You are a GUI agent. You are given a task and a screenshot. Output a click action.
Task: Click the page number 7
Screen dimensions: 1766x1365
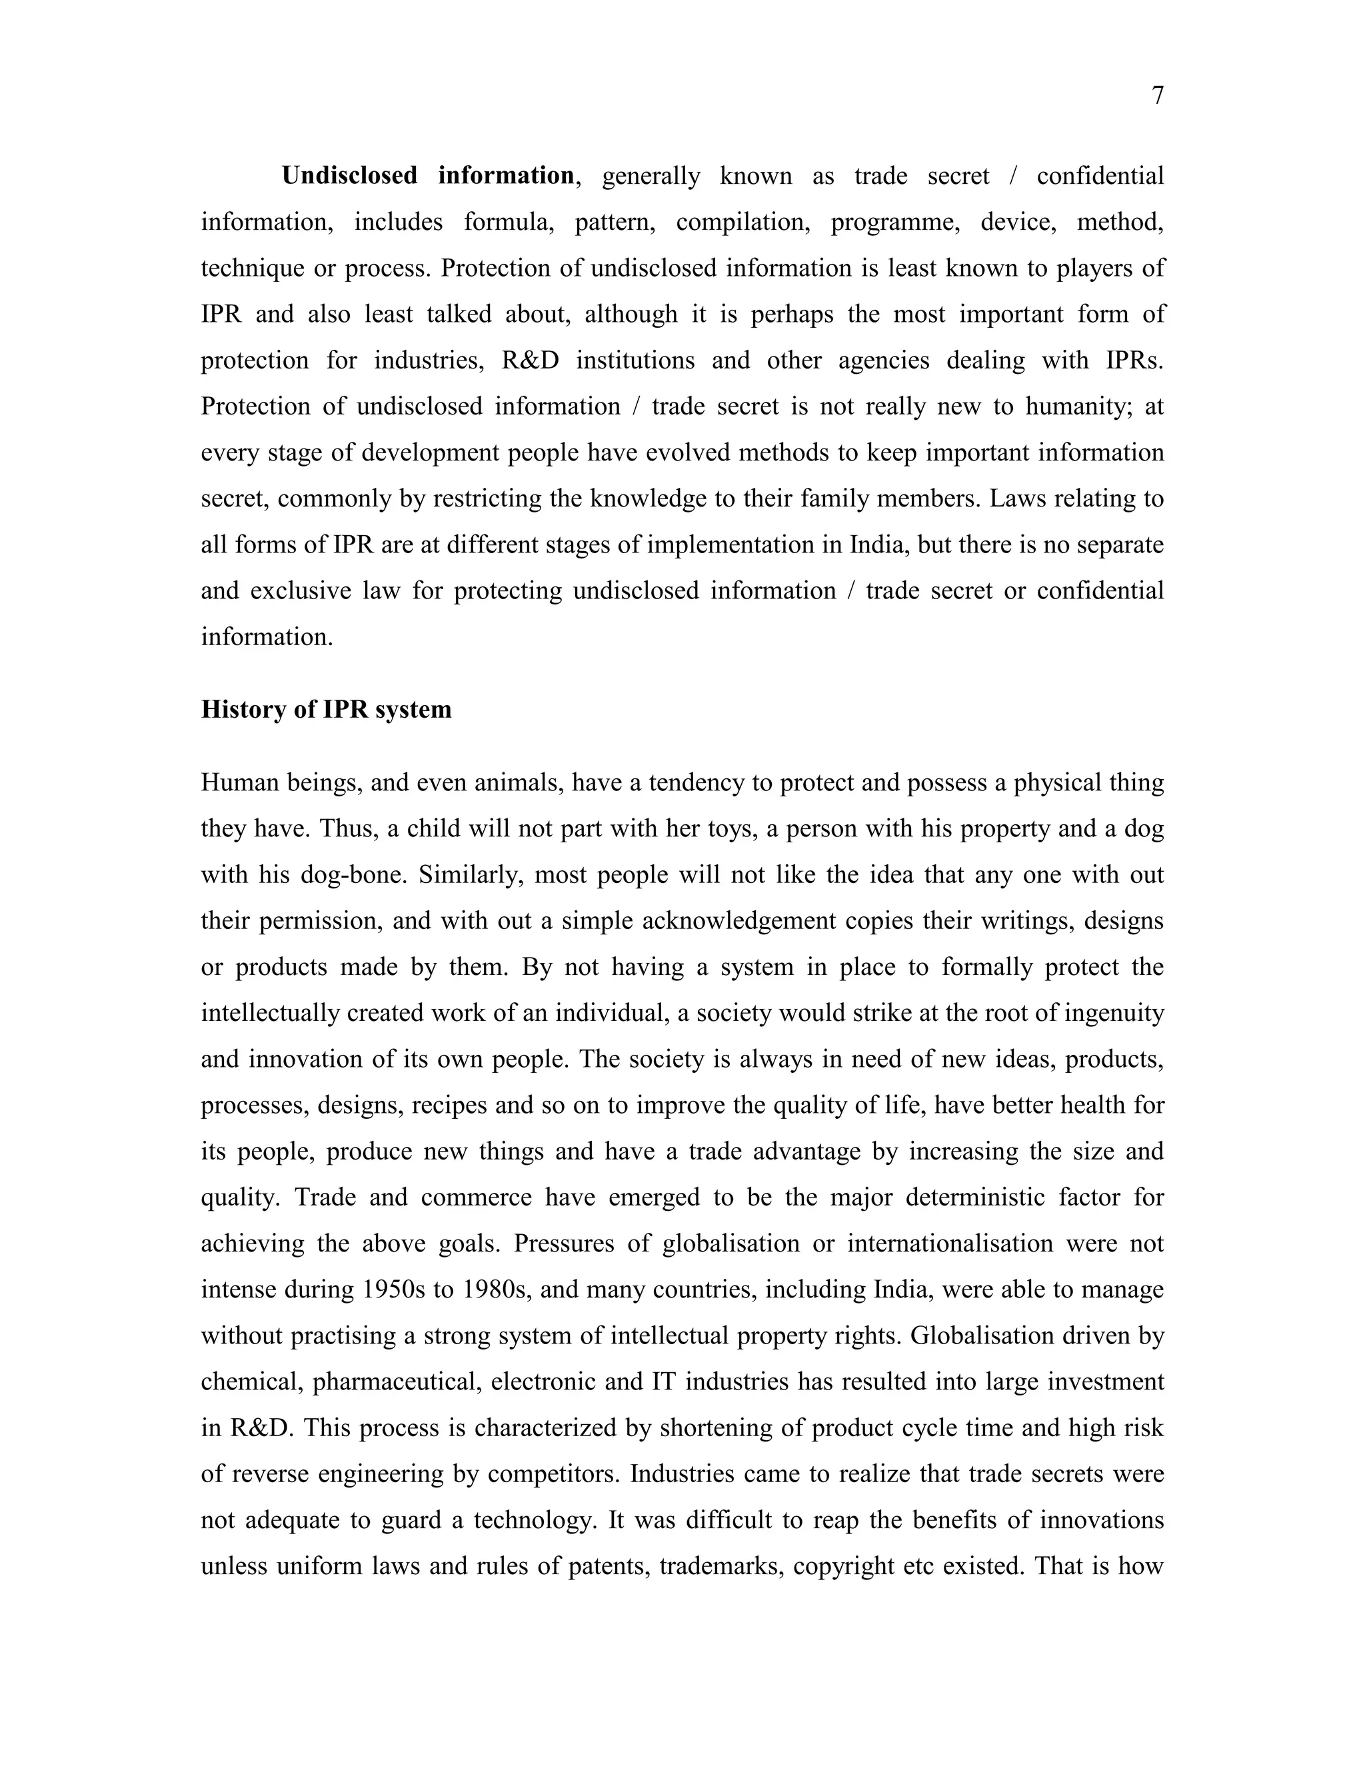1157,96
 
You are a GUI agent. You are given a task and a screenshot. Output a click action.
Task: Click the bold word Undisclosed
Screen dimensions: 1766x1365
349,175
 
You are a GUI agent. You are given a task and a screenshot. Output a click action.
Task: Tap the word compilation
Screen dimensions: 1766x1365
742,221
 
